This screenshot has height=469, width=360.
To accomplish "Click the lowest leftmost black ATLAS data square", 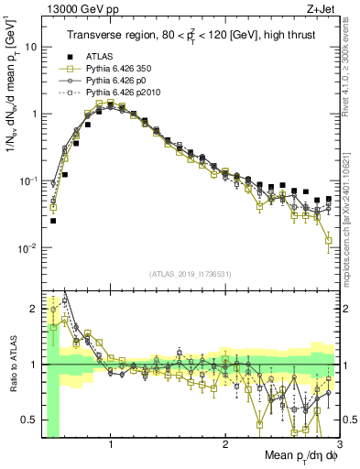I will pos(53,221).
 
